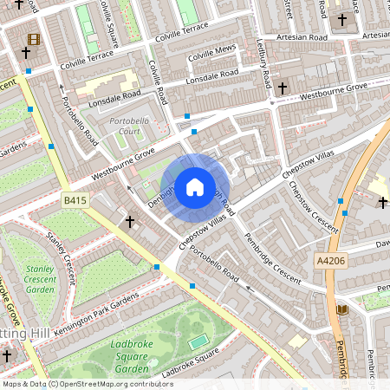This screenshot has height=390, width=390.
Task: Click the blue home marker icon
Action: coord(195,186)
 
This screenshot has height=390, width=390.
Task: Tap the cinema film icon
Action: coord(33,39)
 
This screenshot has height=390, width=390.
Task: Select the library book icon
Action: coord(341,309)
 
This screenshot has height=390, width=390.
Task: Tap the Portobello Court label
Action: coord(123,127)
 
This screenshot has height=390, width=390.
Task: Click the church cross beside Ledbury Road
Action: coord(282,88)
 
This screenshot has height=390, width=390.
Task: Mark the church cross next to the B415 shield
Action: coord(130,222)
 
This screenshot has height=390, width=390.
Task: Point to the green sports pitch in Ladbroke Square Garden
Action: coord(198,341)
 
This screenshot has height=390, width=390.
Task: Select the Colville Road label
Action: coord(157,81)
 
